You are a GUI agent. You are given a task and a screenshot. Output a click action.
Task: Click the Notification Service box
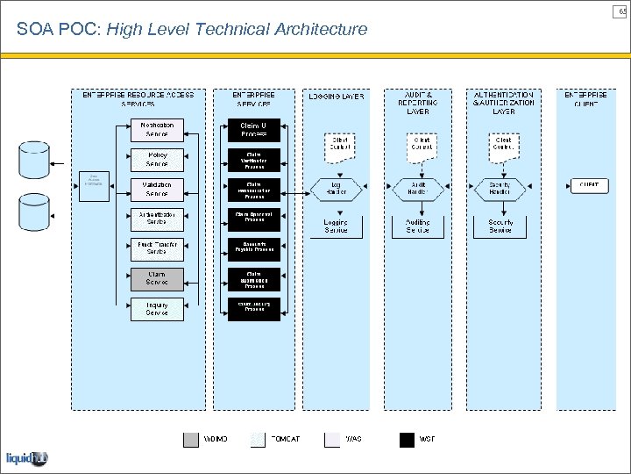coord(157,129)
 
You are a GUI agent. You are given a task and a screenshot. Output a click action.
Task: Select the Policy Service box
coord(157,159)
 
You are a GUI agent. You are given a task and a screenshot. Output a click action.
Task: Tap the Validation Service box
coord(157,189)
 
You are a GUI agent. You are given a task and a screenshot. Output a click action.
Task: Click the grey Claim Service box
coord(157,278)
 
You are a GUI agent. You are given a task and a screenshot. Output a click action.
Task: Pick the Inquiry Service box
coord(157,309)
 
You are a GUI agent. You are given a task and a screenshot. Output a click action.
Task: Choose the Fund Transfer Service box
coord(157,248)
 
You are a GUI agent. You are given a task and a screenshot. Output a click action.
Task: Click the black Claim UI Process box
coord(254,129)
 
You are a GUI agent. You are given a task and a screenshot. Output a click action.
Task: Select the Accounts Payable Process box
coord(254,248)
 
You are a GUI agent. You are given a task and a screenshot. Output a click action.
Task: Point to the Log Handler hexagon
coord(336,188)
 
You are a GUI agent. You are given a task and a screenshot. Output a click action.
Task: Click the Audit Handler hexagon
coord(418,188)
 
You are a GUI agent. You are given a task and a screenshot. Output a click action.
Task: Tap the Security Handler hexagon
coord(500,188)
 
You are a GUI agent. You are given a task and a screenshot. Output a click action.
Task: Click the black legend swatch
coord(407,439)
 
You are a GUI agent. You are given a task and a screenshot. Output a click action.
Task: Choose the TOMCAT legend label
coord(285,439)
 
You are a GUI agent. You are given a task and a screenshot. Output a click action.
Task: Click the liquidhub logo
coord(27,458)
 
